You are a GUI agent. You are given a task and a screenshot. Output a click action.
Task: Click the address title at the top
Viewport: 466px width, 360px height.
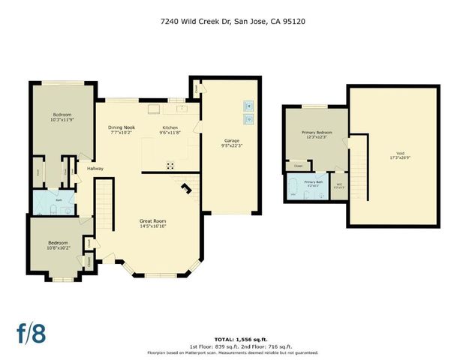click(x=233, y=21)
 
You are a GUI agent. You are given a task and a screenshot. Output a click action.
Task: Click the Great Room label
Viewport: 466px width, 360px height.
click(x=152, y=223)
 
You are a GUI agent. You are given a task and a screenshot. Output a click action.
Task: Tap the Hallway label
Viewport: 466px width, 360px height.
click(x=95, y=169)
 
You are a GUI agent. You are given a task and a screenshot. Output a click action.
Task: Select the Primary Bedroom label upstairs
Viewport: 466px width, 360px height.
click(x=316, y=135)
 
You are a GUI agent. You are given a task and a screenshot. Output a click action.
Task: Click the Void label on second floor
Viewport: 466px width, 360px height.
click(x=393, y=154)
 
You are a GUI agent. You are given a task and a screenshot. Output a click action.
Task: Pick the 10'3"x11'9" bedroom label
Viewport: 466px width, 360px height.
click(x=63, y=117)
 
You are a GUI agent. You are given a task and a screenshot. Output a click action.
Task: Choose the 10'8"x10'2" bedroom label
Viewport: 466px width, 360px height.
click(x=59, y=245)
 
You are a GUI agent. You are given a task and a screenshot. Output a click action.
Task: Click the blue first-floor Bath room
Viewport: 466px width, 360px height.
click(x=53, y=201)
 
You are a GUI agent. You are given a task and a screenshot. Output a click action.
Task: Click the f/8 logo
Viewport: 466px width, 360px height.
click(x=32, y=332)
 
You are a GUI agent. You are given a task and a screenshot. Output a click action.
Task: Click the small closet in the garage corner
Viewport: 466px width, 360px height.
click(x=196, y=87)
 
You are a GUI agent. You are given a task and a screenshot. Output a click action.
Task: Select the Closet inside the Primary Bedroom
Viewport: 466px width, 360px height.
click(x=299, y=166)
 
